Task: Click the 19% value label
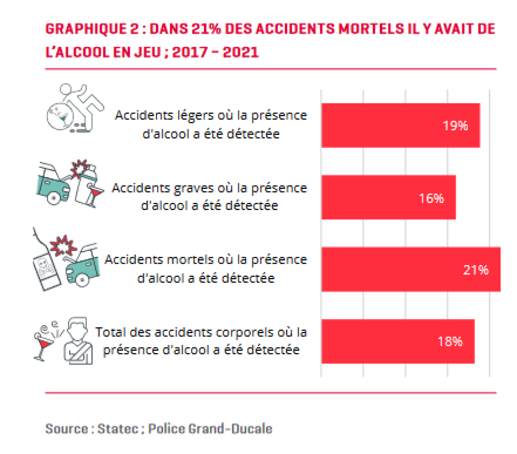[455, 126]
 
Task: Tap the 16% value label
[431, 198]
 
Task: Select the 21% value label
[476, 270]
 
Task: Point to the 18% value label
[450, 341]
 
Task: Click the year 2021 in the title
[240, 52]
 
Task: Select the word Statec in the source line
[118, 429]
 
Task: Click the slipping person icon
[76, 108]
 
